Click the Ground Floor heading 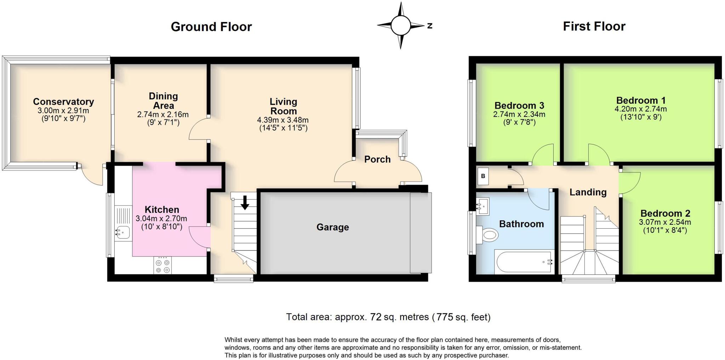pos(211,27)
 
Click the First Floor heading pos(594,27)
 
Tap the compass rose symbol pos(401,25)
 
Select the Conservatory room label pos(63,102)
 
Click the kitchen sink pos(122,233)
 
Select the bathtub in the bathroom pos(524,262)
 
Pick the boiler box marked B pos(483,176)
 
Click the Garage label pos(332,227)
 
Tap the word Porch pos(377,159)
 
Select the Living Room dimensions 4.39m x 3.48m pos(283,120)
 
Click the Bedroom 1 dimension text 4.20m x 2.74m pos(641,109)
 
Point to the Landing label pos(588,192)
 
